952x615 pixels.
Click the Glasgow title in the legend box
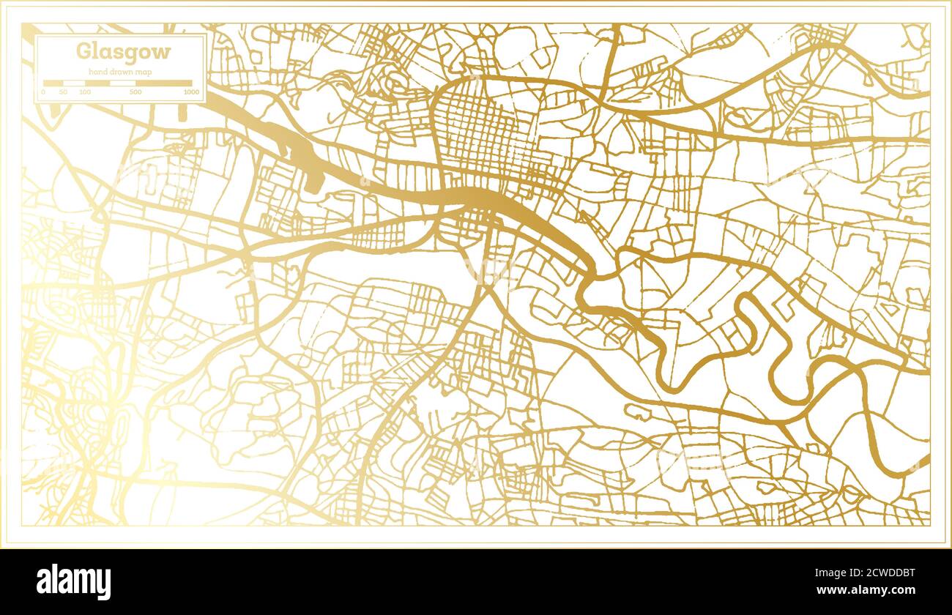point(123,52)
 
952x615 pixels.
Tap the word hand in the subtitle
point(97,71)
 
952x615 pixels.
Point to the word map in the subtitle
point(146,71)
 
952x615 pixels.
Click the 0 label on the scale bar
point(43,92)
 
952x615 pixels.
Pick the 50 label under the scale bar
point(63,92)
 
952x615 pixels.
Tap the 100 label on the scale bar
point(85,92)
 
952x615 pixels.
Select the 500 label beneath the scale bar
point(135,92)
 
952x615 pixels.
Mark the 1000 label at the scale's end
point(191,92)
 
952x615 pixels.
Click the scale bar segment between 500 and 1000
point(164,83)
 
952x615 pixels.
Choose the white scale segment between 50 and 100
point(74,83)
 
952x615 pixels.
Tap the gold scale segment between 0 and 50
point(53,83)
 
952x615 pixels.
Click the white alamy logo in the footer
point(73,581)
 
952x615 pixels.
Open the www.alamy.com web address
point(865,590)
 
